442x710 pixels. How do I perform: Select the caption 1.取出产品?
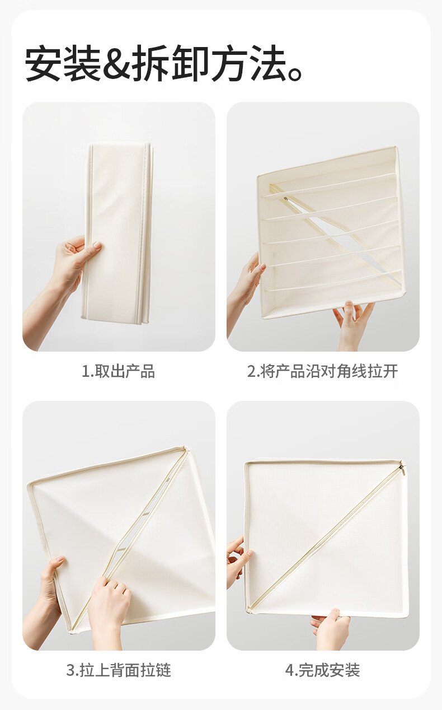click(x=119, y=371)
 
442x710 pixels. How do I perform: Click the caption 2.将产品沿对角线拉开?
click(x=323, y=371)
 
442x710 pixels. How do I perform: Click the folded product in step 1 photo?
click(x=118, y=233)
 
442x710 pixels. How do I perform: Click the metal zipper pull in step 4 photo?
click(x=403, y=469)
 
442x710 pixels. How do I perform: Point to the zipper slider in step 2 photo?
click(x=286, y=199)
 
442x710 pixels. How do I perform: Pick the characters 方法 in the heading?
click(x=248, y=63)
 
